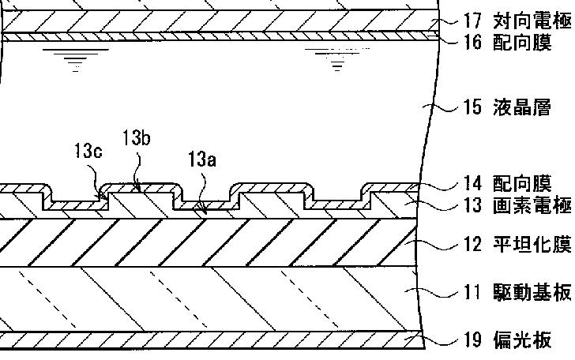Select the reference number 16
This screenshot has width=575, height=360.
[472, 43]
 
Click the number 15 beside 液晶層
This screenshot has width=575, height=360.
[472, 107]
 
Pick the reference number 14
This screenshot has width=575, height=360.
[472, 184]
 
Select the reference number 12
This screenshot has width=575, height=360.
[472, 245]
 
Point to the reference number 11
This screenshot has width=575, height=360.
[472, 294]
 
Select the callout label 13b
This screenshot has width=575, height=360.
[137, 137]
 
